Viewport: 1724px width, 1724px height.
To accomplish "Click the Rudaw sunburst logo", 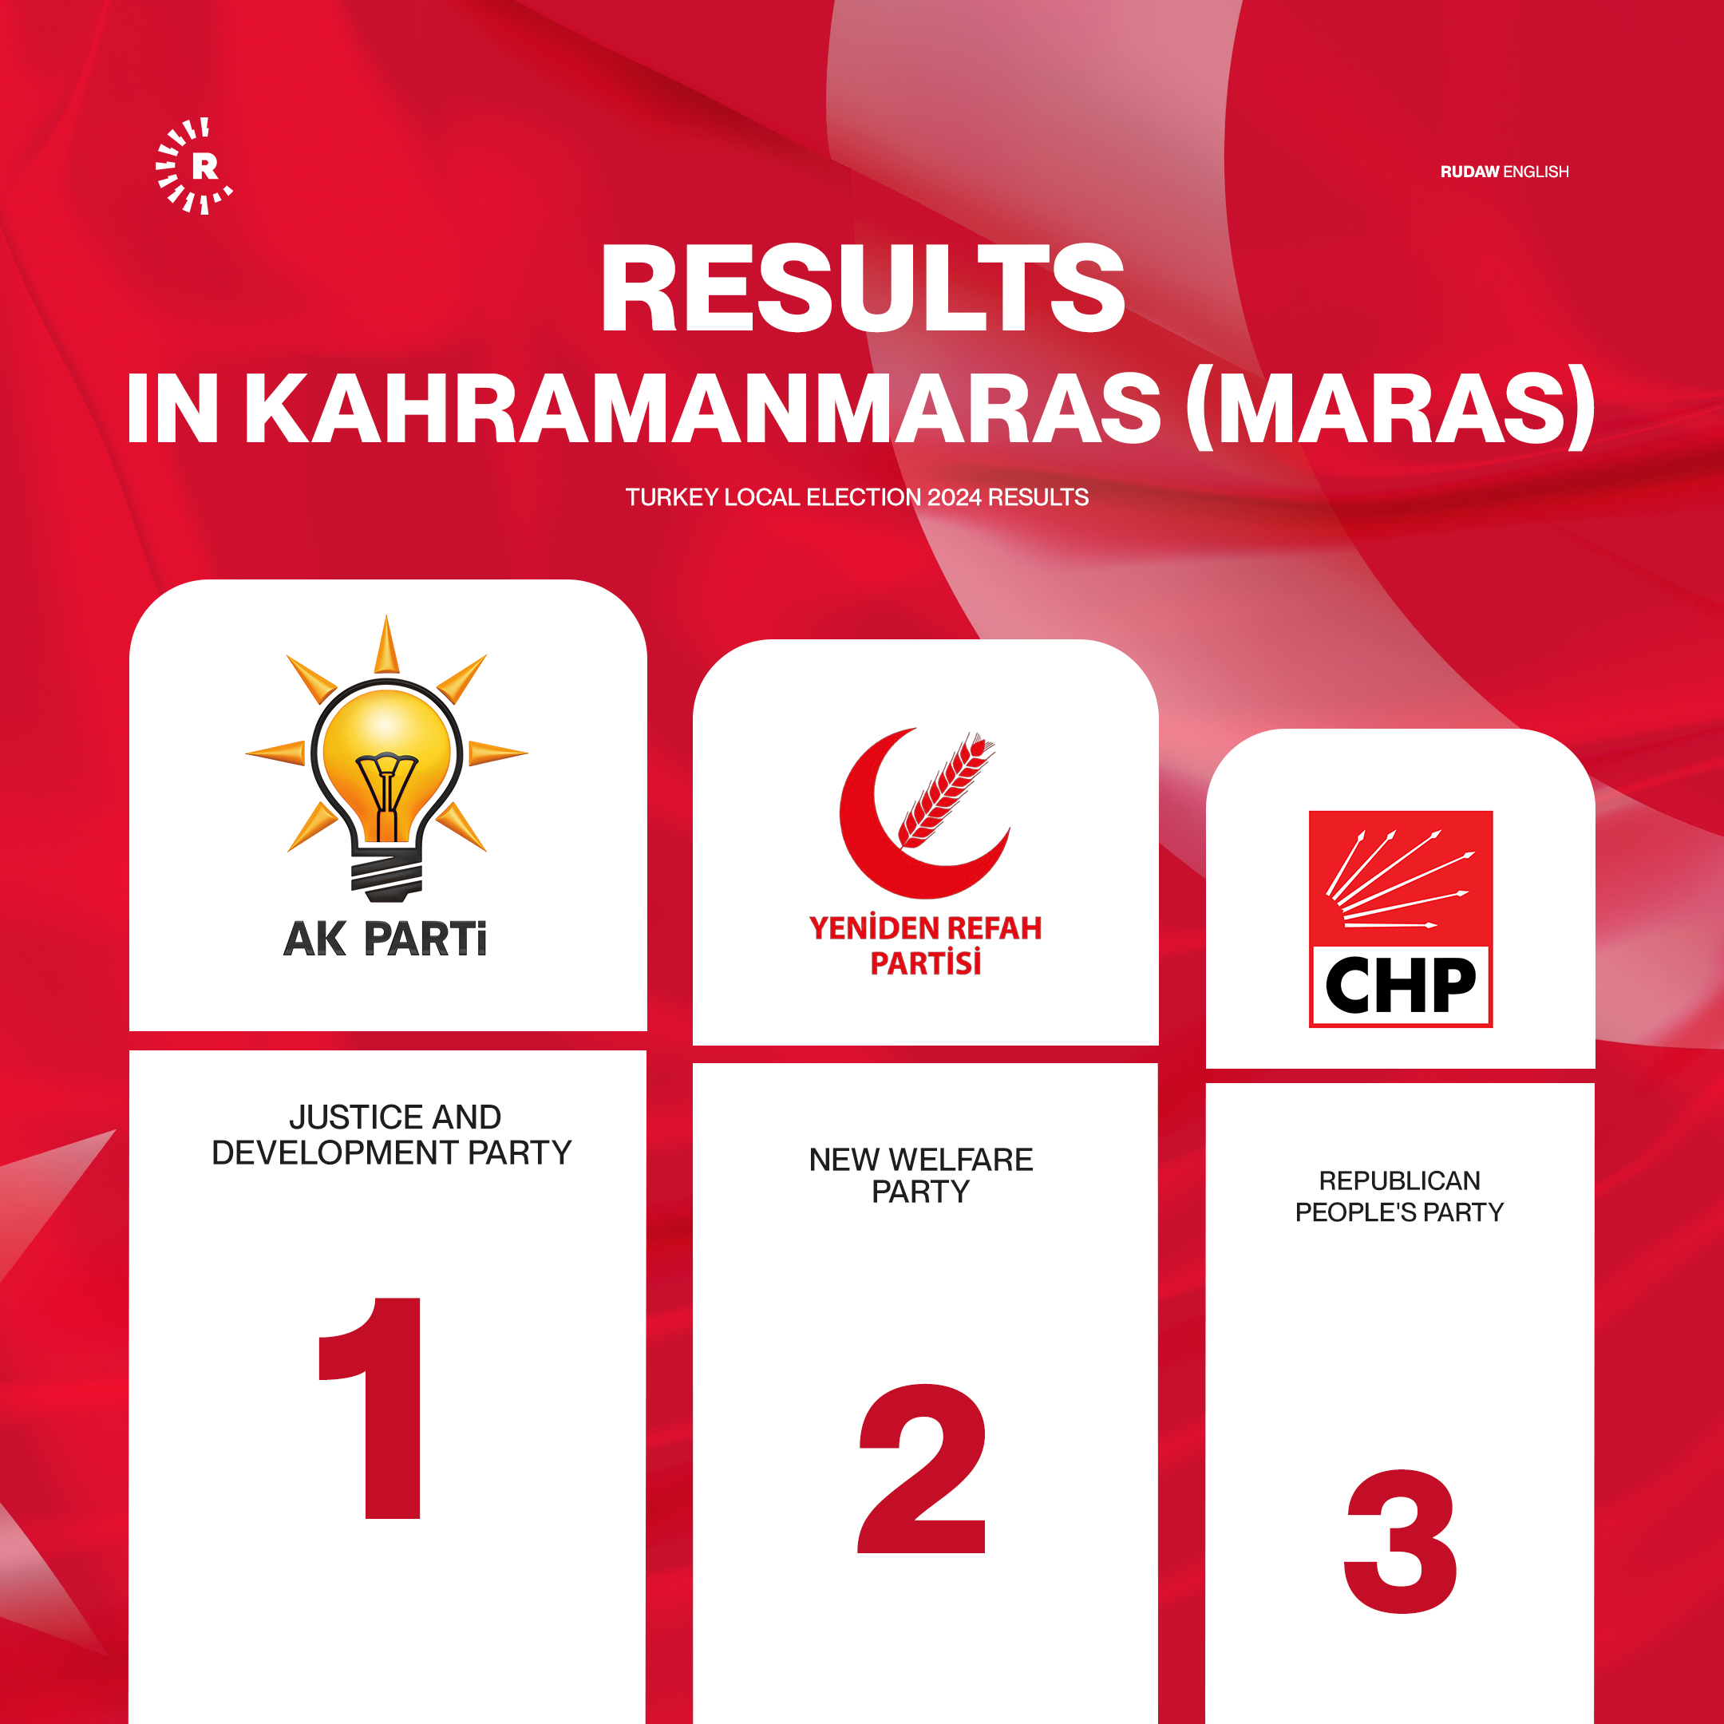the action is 194,166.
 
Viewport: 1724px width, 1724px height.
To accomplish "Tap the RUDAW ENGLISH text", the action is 1505,172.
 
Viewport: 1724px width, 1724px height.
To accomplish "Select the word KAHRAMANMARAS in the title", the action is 702,408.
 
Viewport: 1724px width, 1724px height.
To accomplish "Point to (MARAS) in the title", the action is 1390,408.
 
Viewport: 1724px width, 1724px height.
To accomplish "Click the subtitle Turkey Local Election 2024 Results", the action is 856,497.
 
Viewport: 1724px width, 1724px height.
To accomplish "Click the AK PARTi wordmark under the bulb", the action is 386,939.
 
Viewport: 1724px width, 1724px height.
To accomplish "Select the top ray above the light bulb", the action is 386,644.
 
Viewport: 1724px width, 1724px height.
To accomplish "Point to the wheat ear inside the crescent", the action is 946,789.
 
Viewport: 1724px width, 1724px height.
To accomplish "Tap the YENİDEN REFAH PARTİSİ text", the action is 925,945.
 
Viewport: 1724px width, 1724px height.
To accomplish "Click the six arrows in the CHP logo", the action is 1399,880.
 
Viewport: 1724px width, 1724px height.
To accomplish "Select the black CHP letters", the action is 1400,985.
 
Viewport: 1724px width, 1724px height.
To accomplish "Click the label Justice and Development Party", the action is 393,1134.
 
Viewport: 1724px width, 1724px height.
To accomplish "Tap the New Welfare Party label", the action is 921,1175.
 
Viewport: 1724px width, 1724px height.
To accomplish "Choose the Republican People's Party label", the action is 1399,1196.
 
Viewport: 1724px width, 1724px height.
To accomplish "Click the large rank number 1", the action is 370,1408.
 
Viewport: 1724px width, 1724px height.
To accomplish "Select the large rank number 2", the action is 922,1469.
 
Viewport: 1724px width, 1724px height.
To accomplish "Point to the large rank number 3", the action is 1400,1541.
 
